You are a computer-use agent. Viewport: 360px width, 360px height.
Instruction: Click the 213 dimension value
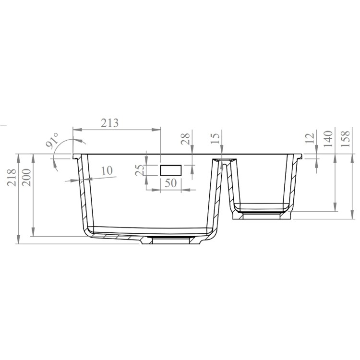tap(109, 123)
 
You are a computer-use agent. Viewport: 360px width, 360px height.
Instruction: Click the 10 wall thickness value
tap(106, 170)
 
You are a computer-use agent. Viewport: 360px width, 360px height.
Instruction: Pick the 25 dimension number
tap(140, 170)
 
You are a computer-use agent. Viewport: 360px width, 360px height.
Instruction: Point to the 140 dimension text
tap(328, 139)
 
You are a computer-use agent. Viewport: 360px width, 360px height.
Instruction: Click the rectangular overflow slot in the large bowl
tap(171, 170)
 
